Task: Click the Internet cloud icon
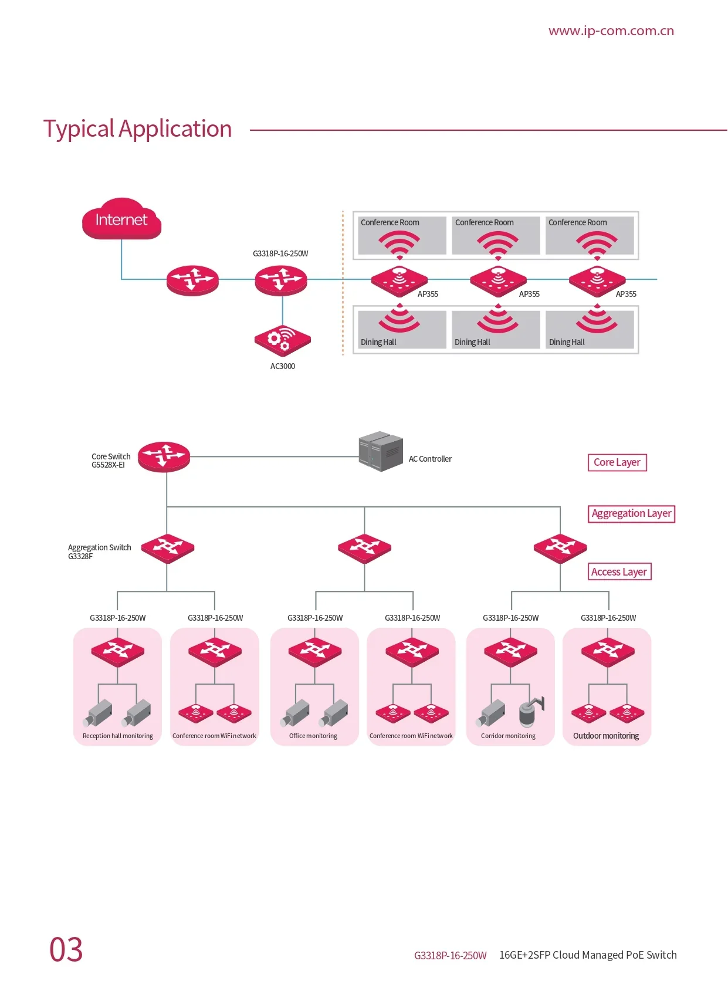[121, 219]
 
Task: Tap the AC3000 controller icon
[283, 340]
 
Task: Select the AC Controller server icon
[381, 451]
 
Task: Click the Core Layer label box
[617, 462]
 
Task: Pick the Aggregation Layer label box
[631, 514]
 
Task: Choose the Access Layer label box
[619, 571]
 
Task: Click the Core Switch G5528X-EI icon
[164, 456]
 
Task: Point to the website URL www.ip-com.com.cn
[611, 31]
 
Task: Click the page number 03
[66, 949]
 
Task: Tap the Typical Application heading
[138, 129]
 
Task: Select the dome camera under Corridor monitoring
[531, 711]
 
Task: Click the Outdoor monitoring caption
[606, 736]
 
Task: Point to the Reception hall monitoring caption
[118, 736]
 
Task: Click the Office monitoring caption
[313, 736]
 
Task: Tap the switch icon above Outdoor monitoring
[608, 652]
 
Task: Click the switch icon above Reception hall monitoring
[118, 652]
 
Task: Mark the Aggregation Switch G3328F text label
[99, 551]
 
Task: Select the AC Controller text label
[430, 459]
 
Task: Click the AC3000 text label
[283, 366]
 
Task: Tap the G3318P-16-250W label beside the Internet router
[280, 253]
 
